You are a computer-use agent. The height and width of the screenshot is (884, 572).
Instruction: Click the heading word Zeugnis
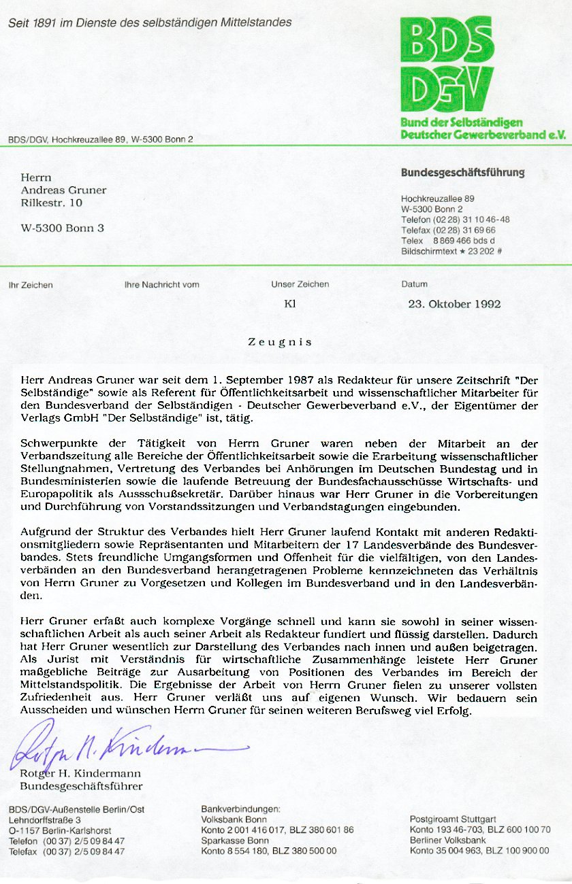pyautogui.click(x=280, y=342)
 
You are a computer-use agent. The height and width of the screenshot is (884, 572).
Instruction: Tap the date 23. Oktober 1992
pyautogui.click(x=454, y=304)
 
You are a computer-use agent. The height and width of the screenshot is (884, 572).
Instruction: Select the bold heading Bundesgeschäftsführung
pyautogui.click(x=462, y=173)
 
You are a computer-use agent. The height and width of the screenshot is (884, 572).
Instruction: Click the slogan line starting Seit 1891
pyautogui.click(x=150, y=22)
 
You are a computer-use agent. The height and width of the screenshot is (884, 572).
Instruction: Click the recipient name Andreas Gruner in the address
pyautogui.click(x=63, y=190)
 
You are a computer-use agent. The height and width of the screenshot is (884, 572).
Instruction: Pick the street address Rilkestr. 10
pyautogui.click(x=52, y=203)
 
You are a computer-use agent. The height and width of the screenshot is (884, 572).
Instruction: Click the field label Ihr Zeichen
pyautogui.click(x=31, y=285)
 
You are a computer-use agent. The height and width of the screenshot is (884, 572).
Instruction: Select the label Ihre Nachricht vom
pyautogui.click(x=162, y=285)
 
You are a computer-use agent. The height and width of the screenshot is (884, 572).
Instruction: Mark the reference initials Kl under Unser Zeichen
pyautogui.click(x=290, y=304)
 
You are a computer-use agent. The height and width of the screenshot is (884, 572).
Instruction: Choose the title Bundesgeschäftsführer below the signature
pyautogui.click(x=81, y=786)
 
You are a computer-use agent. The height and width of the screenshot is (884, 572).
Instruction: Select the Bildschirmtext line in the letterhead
pyautogui.click(x=451, y=252)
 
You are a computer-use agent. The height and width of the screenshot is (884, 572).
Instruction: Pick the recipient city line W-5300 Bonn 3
pyautogui.click(x=63, y=228)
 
